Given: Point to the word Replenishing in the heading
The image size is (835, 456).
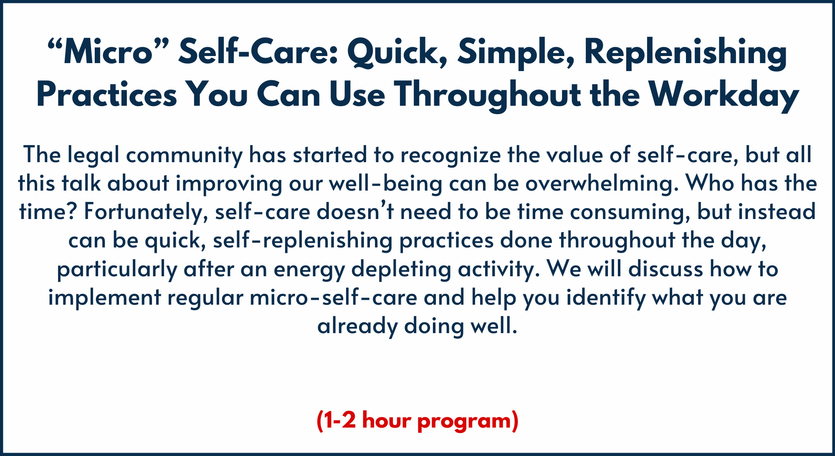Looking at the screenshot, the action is click(x=686, y=53).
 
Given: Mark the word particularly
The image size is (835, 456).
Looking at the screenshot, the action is click(x=117, y=270).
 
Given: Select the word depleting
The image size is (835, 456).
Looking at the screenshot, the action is click(x=401, y=270).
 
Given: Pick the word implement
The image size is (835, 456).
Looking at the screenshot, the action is click(x=105, y=298).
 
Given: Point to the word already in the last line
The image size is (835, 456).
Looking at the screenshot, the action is click(x=357, y=326).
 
